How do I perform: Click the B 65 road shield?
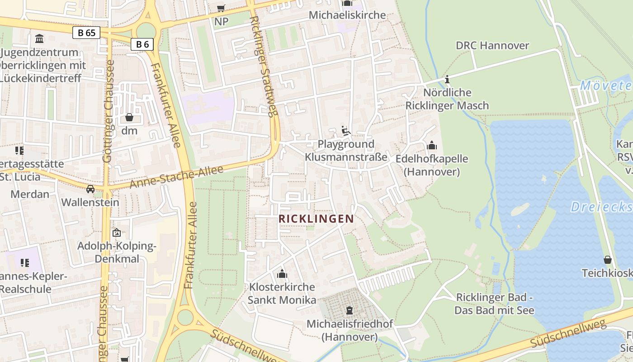pyautogui.click(x=86, y=33)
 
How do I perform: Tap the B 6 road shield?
pyautogui.click(x=142, y=44)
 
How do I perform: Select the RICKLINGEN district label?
pyautogui.click(x=316, y=219)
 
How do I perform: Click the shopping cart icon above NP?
pyautogui.click(x=221, y=8)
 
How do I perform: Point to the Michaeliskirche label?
pyautogui.click(x=347, y=15)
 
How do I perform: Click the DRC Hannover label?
pyautogui.click(x=492, y=45)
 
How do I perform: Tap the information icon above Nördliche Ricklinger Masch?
pyautogui.click(x=447, y=79)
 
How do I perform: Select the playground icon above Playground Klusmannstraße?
pyautogui.click(x=346, y=131)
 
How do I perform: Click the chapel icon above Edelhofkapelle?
pyautogui.click(x=432, y=145)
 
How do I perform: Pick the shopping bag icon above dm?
pyautogui.click(x=129, y=117)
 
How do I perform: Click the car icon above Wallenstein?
pyautogui.click(x=90, y=189)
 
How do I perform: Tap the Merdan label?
pyautogui.click(x=30, y=194)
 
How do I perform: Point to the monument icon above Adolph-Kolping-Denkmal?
pyautogui.click(x=117, y=233)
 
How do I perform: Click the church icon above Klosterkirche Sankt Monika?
pyautogui.click(x=282, y=274)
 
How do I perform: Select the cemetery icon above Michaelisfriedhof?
pyautogui.click(x=350, y=310)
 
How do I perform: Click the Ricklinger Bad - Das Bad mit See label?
pyautogui.click(x=494, y=304)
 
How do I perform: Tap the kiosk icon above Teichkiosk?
pyautogui.click(x=607, y=260)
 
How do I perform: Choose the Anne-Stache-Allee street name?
pyautogui.click(x=177, y=177)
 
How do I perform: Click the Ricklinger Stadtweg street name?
pyautogui.click(x=262, y=66)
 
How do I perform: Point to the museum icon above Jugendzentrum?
pyautogui.click(x=39, y=39)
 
